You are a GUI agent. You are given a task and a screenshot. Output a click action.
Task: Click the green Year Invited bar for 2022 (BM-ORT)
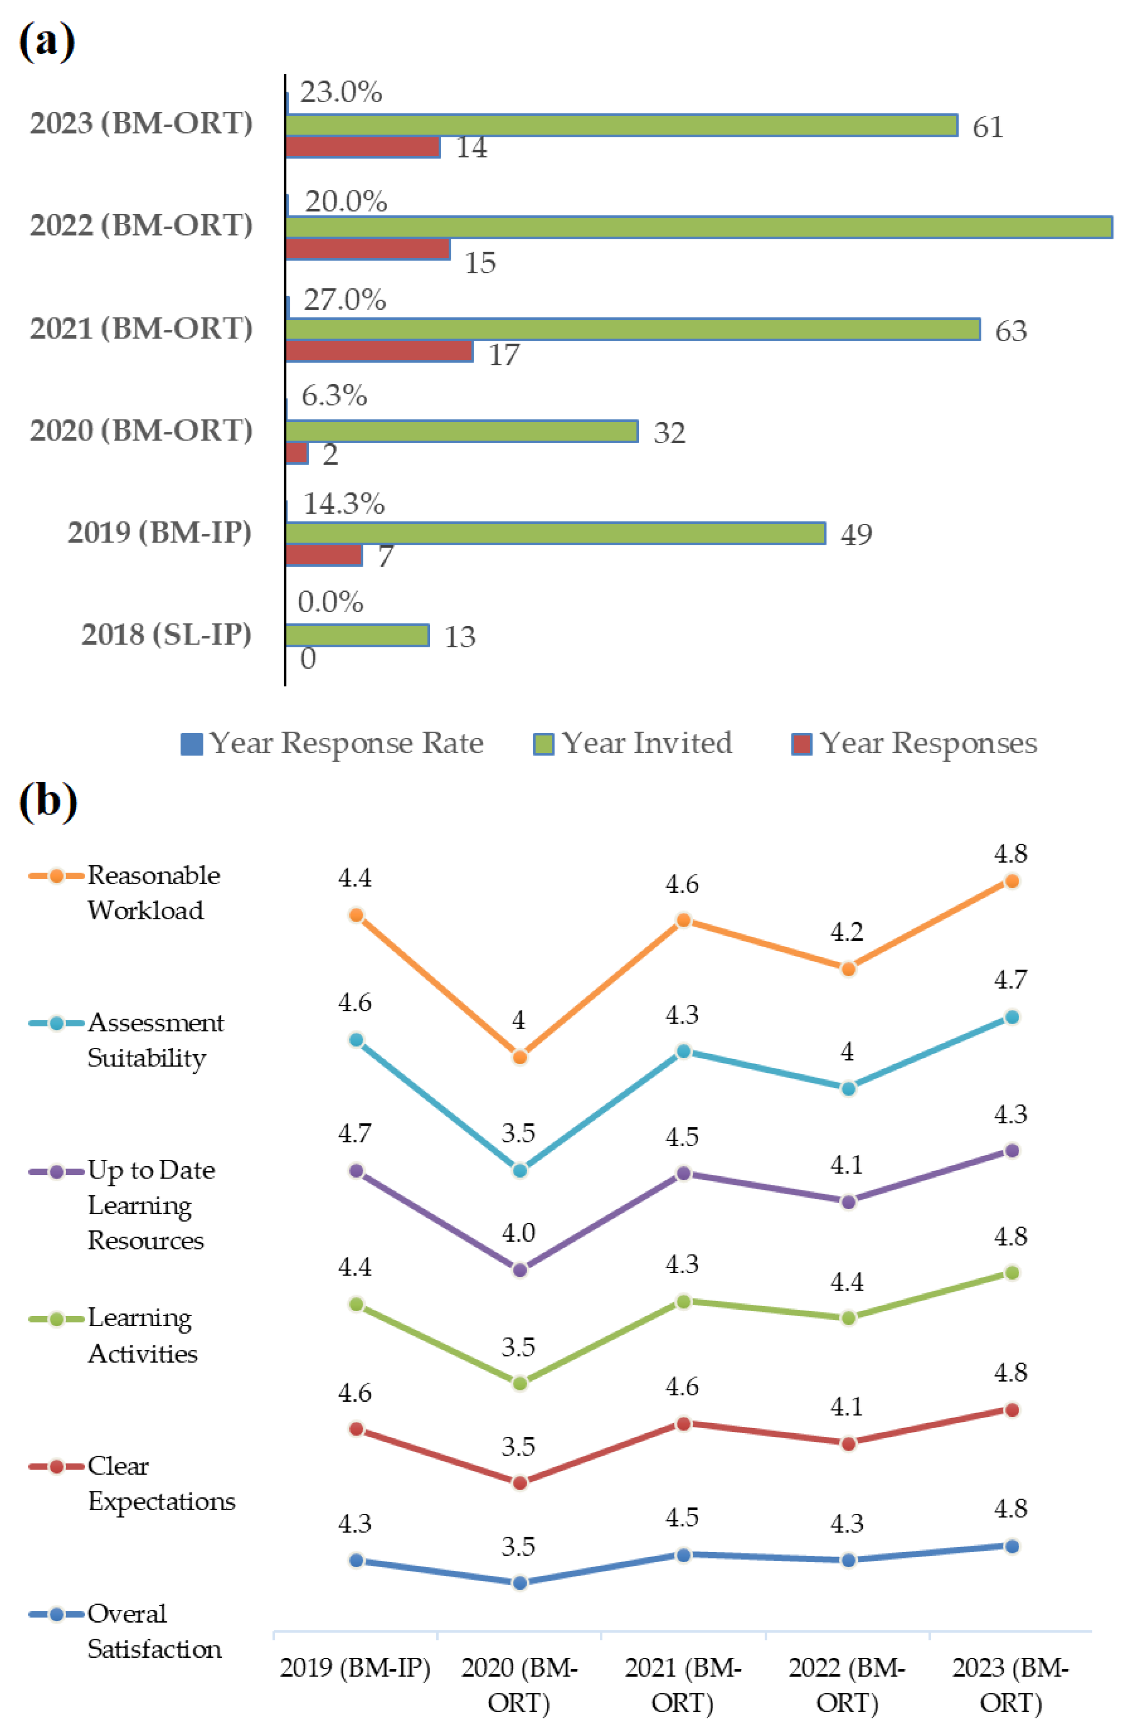(x=699, y=227)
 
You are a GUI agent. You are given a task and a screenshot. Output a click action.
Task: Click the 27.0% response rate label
(x=344, y=300)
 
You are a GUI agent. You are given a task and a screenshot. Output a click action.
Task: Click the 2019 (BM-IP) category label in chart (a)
(x=159, y=533)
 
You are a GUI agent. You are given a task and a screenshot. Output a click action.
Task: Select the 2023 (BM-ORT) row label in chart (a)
(x=141, y=124)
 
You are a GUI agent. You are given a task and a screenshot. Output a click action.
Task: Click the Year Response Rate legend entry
(x=332, y=743)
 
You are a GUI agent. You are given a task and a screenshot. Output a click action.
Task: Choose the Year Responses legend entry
(x=915, y=743)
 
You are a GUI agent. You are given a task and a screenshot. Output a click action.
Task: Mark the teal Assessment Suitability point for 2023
(x=1011, y=1017)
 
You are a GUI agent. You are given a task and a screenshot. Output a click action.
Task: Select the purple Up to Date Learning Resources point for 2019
(x=356, y=1171)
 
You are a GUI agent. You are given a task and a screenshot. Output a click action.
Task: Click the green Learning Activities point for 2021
(x=683, y=1301)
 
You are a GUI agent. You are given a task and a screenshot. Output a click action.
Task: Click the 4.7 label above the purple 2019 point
(x=355, y=1133)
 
